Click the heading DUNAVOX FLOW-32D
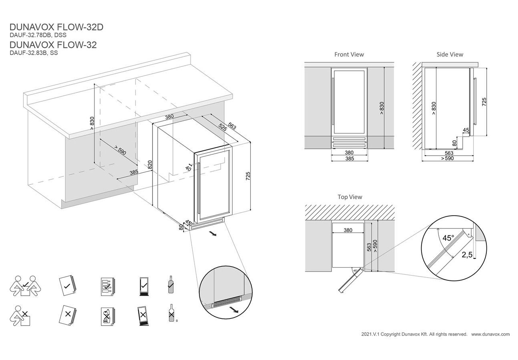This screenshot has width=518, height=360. click(56, 27)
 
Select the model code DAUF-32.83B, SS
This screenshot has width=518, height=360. click(34, 53)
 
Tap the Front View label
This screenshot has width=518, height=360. click(349, 54)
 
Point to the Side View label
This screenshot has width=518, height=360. click(450, 54)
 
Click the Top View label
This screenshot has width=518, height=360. click(349, 197)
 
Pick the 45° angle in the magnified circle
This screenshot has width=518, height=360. click(448, 238)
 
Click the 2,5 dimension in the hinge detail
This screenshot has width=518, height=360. click(467, 255)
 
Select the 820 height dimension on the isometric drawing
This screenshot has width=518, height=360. click(150, 166)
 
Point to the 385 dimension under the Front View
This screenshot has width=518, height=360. click(349, 159)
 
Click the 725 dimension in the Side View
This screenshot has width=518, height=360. click(484, 102)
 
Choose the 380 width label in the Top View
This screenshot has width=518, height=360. click(348, 230)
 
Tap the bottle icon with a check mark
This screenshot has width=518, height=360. click(171, 284)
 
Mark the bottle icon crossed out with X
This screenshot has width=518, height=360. click(171, 314)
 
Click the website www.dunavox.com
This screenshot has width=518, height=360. click(490, 334)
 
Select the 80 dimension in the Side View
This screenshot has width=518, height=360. click(454, 143)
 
